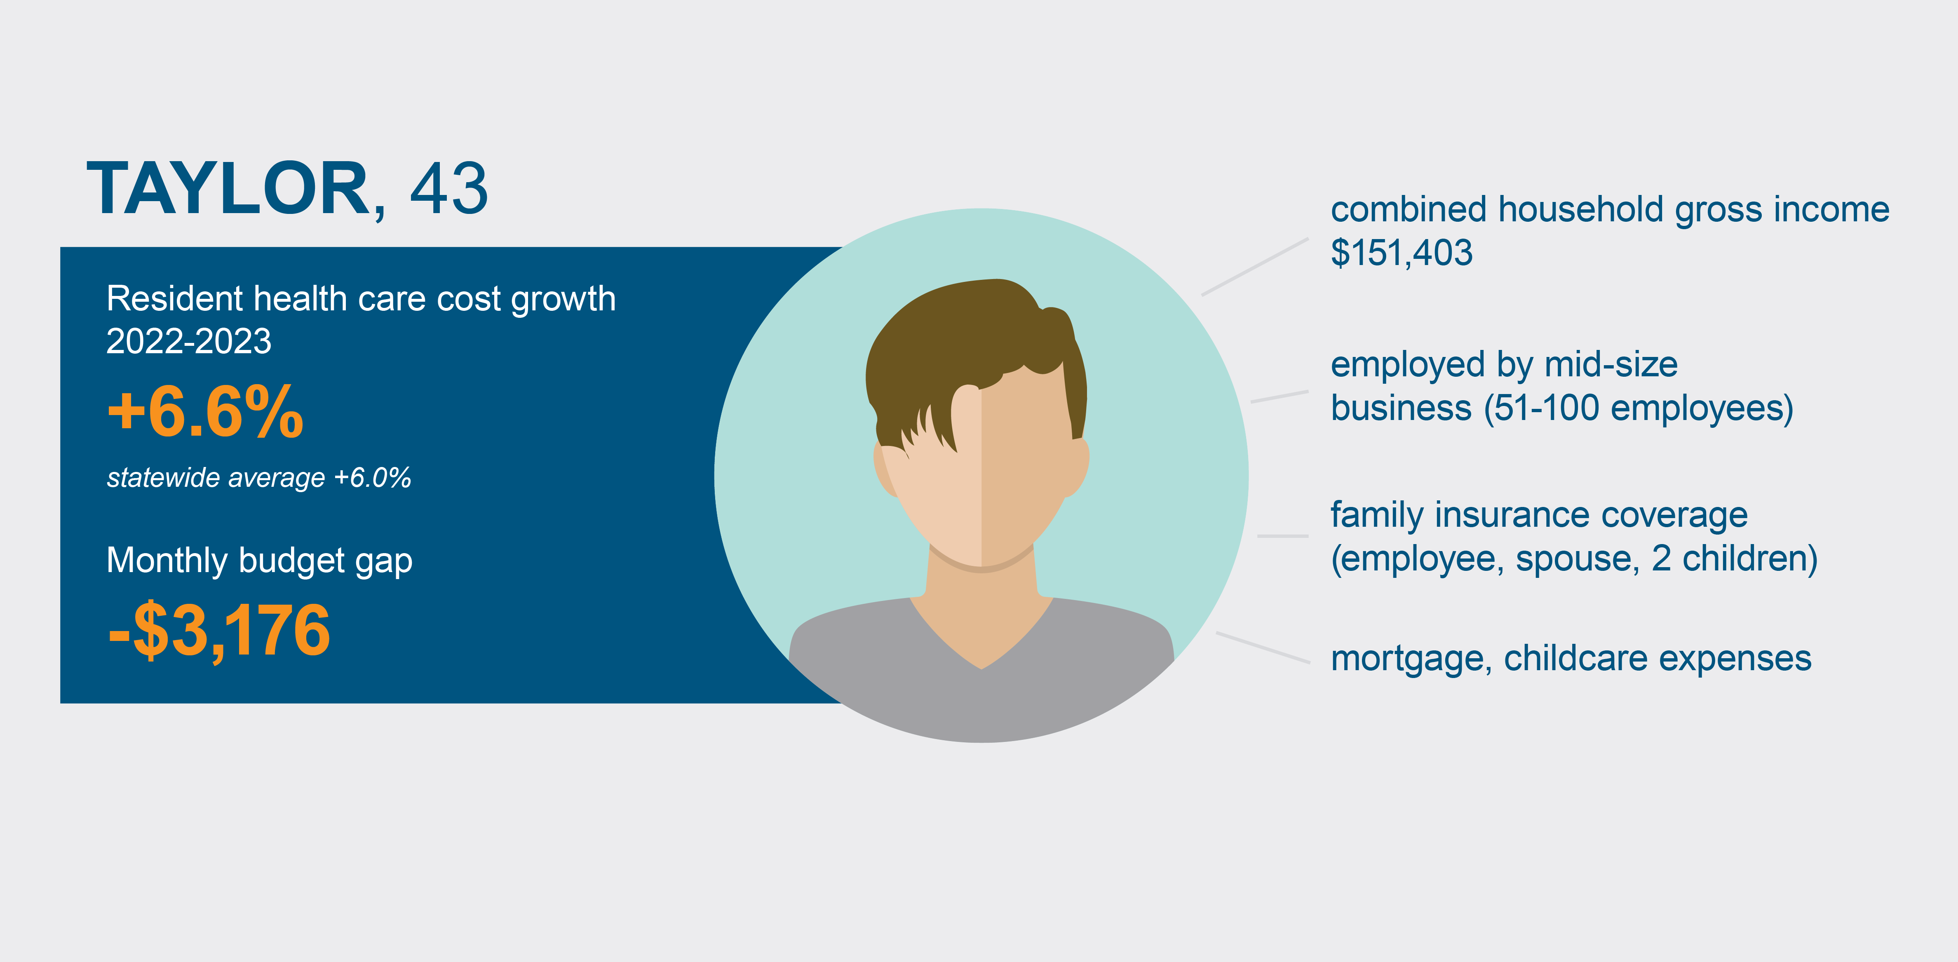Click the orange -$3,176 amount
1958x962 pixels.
point(219,630)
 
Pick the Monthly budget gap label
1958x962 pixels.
point(259,561)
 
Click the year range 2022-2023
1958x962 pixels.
point(188,341)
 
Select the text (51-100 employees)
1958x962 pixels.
point(1638,409)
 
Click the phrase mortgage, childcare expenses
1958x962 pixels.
point(1571,659)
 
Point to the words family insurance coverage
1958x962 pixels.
point(1539,516)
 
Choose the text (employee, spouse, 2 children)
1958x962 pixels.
point(1574,559)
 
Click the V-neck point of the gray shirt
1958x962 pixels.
point(981,668)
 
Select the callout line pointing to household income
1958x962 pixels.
point(1255,267)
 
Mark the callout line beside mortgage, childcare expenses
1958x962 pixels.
point(1263,648)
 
